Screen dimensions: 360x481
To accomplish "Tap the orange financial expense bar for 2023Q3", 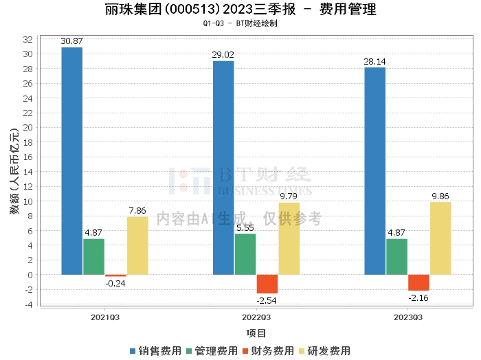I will pyautogui.click(x=418, y=282).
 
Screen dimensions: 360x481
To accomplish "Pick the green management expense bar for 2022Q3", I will pyautogui.click(x=245, y=254).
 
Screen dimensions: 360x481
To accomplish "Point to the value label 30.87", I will pyautogui.click(x=72, y=42).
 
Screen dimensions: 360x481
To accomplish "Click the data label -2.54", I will pyautogui.click(x=267, y=300).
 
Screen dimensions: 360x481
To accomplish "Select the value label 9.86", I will pyautogui.click(x=440, y=196).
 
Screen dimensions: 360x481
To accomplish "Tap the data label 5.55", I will pyautogui.click(x=245, y=228).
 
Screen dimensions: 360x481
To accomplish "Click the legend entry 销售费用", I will pyautogui.click(x=155, y=350).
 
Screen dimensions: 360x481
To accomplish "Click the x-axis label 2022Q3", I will pyautogui.click(x=256, y=317).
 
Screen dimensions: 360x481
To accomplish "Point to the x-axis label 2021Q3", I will pyautogui.click(x=105, y=317).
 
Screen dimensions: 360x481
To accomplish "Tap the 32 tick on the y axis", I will pyautogui.click(x=28, y=39).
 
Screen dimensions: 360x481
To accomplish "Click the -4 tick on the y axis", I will pyautogui.click(x=28, y=304).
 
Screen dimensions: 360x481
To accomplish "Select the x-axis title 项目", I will pyautogui.click(x=256, y=333).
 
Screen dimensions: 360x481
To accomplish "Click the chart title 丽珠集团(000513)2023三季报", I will pyautogui.click(x=193, y=10).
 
